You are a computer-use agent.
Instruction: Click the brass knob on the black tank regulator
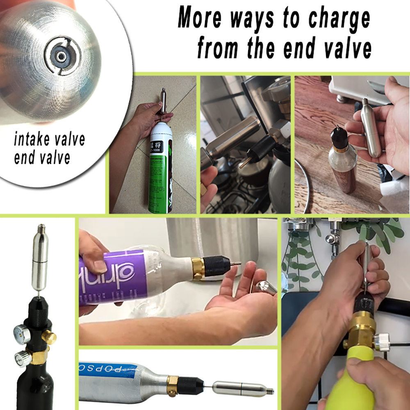[49, 337]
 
